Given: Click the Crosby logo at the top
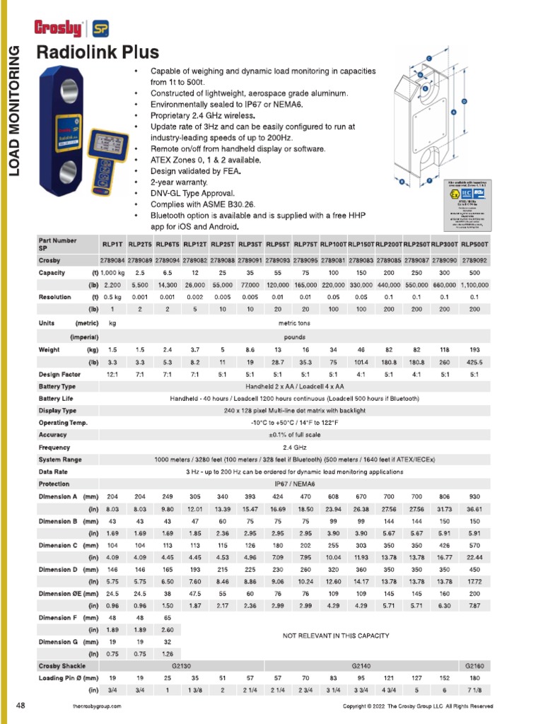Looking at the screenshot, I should click(58, 28).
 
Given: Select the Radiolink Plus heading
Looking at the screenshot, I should click(98, 52).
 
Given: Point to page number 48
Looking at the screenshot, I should click(21, 706).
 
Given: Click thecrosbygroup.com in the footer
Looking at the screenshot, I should click(97, 706).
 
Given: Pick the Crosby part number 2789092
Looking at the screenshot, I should click(474, 260).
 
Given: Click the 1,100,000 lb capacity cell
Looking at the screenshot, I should click(474, 285).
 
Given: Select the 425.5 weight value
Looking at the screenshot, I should click(474, 362).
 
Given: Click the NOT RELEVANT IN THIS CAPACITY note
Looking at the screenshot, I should click(336, 636).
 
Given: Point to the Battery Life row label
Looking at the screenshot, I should click(57, 398).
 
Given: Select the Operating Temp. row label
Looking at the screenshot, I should click(63, 423).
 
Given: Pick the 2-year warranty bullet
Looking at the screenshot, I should click(180, 182).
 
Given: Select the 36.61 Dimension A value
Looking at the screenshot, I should click(474, 508).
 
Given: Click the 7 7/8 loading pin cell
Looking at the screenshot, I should click(474, 689).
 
